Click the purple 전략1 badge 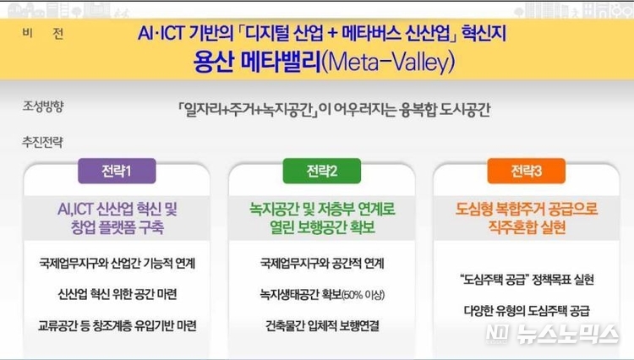[x=117, y=171]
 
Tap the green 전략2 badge [x=322, y=171]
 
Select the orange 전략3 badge [x=526, y=171]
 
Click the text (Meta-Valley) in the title [x=389, y=63]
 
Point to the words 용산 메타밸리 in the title [x=257, y=63]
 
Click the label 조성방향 [x=43, y=106]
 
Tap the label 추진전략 [x=43, y=142]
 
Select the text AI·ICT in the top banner [x=161, y=33]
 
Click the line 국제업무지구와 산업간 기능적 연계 [x=117, y=264]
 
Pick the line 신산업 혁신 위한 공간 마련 [x=118, y=294]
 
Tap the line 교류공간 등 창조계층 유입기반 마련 [x=118, y=325]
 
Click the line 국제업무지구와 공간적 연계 [x=322, y=264]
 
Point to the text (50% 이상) [x=363, y=295]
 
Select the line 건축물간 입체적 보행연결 [x=322, y=325]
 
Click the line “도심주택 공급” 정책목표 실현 [x=527, y=279]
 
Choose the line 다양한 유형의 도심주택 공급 [x=527, y=310]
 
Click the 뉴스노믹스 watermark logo [x=552, y=334]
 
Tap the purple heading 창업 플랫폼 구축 [x=118, y=227]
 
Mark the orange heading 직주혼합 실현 [x=527, y=227]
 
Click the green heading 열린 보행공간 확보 [x=322, y=227]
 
